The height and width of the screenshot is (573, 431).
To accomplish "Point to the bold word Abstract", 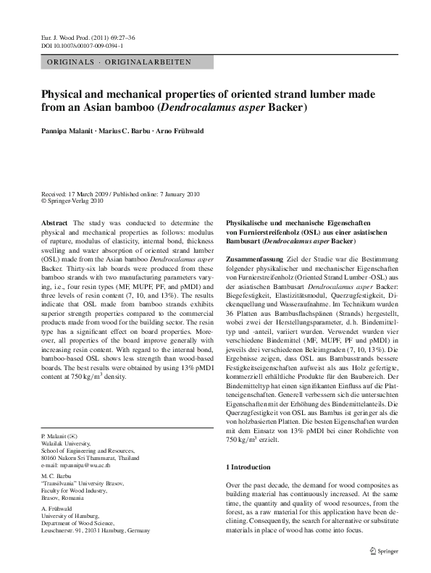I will pyautogui.click(x=55, y=223).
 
